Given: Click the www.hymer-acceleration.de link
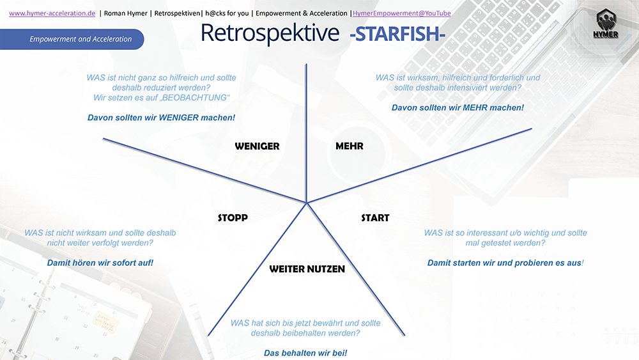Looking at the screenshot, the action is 52,13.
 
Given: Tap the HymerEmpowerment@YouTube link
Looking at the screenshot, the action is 402,13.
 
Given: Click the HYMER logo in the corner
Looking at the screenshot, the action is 606,24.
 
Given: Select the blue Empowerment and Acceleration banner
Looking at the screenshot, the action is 72,39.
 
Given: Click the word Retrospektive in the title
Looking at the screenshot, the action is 270,33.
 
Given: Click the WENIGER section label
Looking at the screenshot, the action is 257,146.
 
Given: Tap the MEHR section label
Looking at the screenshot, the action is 350,146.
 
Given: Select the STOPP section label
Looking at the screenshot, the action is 233,218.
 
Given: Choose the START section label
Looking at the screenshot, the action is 375,218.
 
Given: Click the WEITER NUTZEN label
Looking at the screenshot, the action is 307,269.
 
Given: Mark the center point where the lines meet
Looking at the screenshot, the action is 307,203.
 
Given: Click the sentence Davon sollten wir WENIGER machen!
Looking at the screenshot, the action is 162,118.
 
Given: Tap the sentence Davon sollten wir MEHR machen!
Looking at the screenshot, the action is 458,108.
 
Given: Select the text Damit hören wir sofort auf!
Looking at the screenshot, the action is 100,263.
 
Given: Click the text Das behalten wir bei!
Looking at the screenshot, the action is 305,353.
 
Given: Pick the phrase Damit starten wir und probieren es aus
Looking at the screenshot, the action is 505,263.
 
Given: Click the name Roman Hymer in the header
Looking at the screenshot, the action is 125,13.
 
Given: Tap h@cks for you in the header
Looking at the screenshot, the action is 227,13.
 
